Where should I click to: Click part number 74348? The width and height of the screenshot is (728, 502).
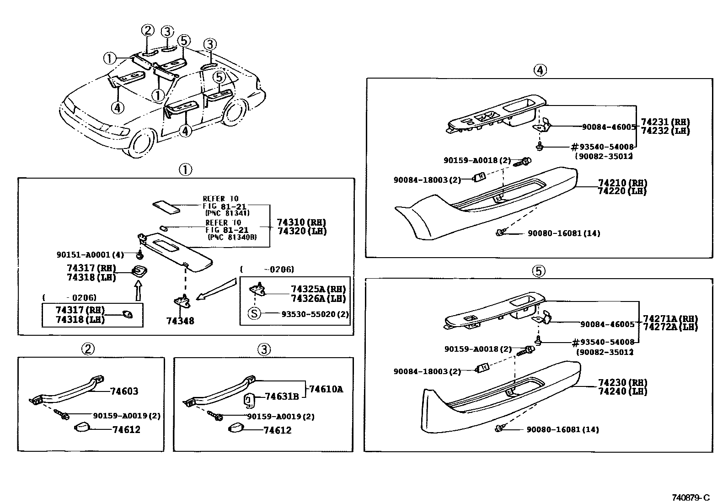[x=180, y=321]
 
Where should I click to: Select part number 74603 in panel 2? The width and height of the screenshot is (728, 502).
[x=124, y=391]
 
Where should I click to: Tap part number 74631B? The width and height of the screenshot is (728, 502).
[x=282, y=396]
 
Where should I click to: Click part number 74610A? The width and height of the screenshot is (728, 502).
[x=326, y=389]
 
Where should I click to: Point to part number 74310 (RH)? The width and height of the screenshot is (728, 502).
[x=301, y=222]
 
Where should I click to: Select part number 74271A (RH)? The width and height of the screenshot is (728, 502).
[x=670, y=318]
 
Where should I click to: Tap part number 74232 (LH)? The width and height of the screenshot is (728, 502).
[x=665, y=131]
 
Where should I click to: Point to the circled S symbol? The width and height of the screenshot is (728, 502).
[x=254, y=314]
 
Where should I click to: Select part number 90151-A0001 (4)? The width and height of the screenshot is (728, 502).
[x=90, y=254]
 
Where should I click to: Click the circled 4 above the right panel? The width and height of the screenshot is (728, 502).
[x=540, y=70]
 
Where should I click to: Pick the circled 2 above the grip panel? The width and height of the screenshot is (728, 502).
[x=88, y=349]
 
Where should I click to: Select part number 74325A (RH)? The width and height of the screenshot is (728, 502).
[x=318, y=289]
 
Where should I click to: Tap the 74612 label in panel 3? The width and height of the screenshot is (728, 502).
[x=278, y=430]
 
